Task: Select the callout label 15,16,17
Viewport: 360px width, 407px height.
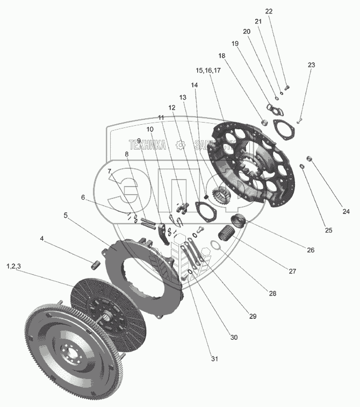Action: tap(208, 70)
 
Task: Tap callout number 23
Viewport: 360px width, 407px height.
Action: tap(311, 65)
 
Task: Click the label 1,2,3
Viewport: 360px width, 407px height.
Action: tap(14, 266)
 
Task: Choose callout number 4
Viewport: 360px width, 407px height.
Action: tap(42, 238)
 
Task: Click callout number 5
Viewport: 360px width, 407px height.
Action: tap(66, 215)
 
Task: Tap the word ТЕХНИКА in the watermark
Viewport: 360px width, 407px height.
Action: tap(147, 144)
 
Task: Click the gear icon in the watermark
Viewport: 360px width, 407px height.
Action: tap(181, 145)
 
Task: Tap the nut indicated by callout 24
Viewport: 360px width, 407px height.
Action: tap(309, 158)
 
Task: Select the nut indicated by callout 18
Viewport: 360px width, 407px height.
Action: tap(264, 121)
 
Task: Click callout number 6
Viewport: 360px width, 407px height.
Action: tap(83, 197)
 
